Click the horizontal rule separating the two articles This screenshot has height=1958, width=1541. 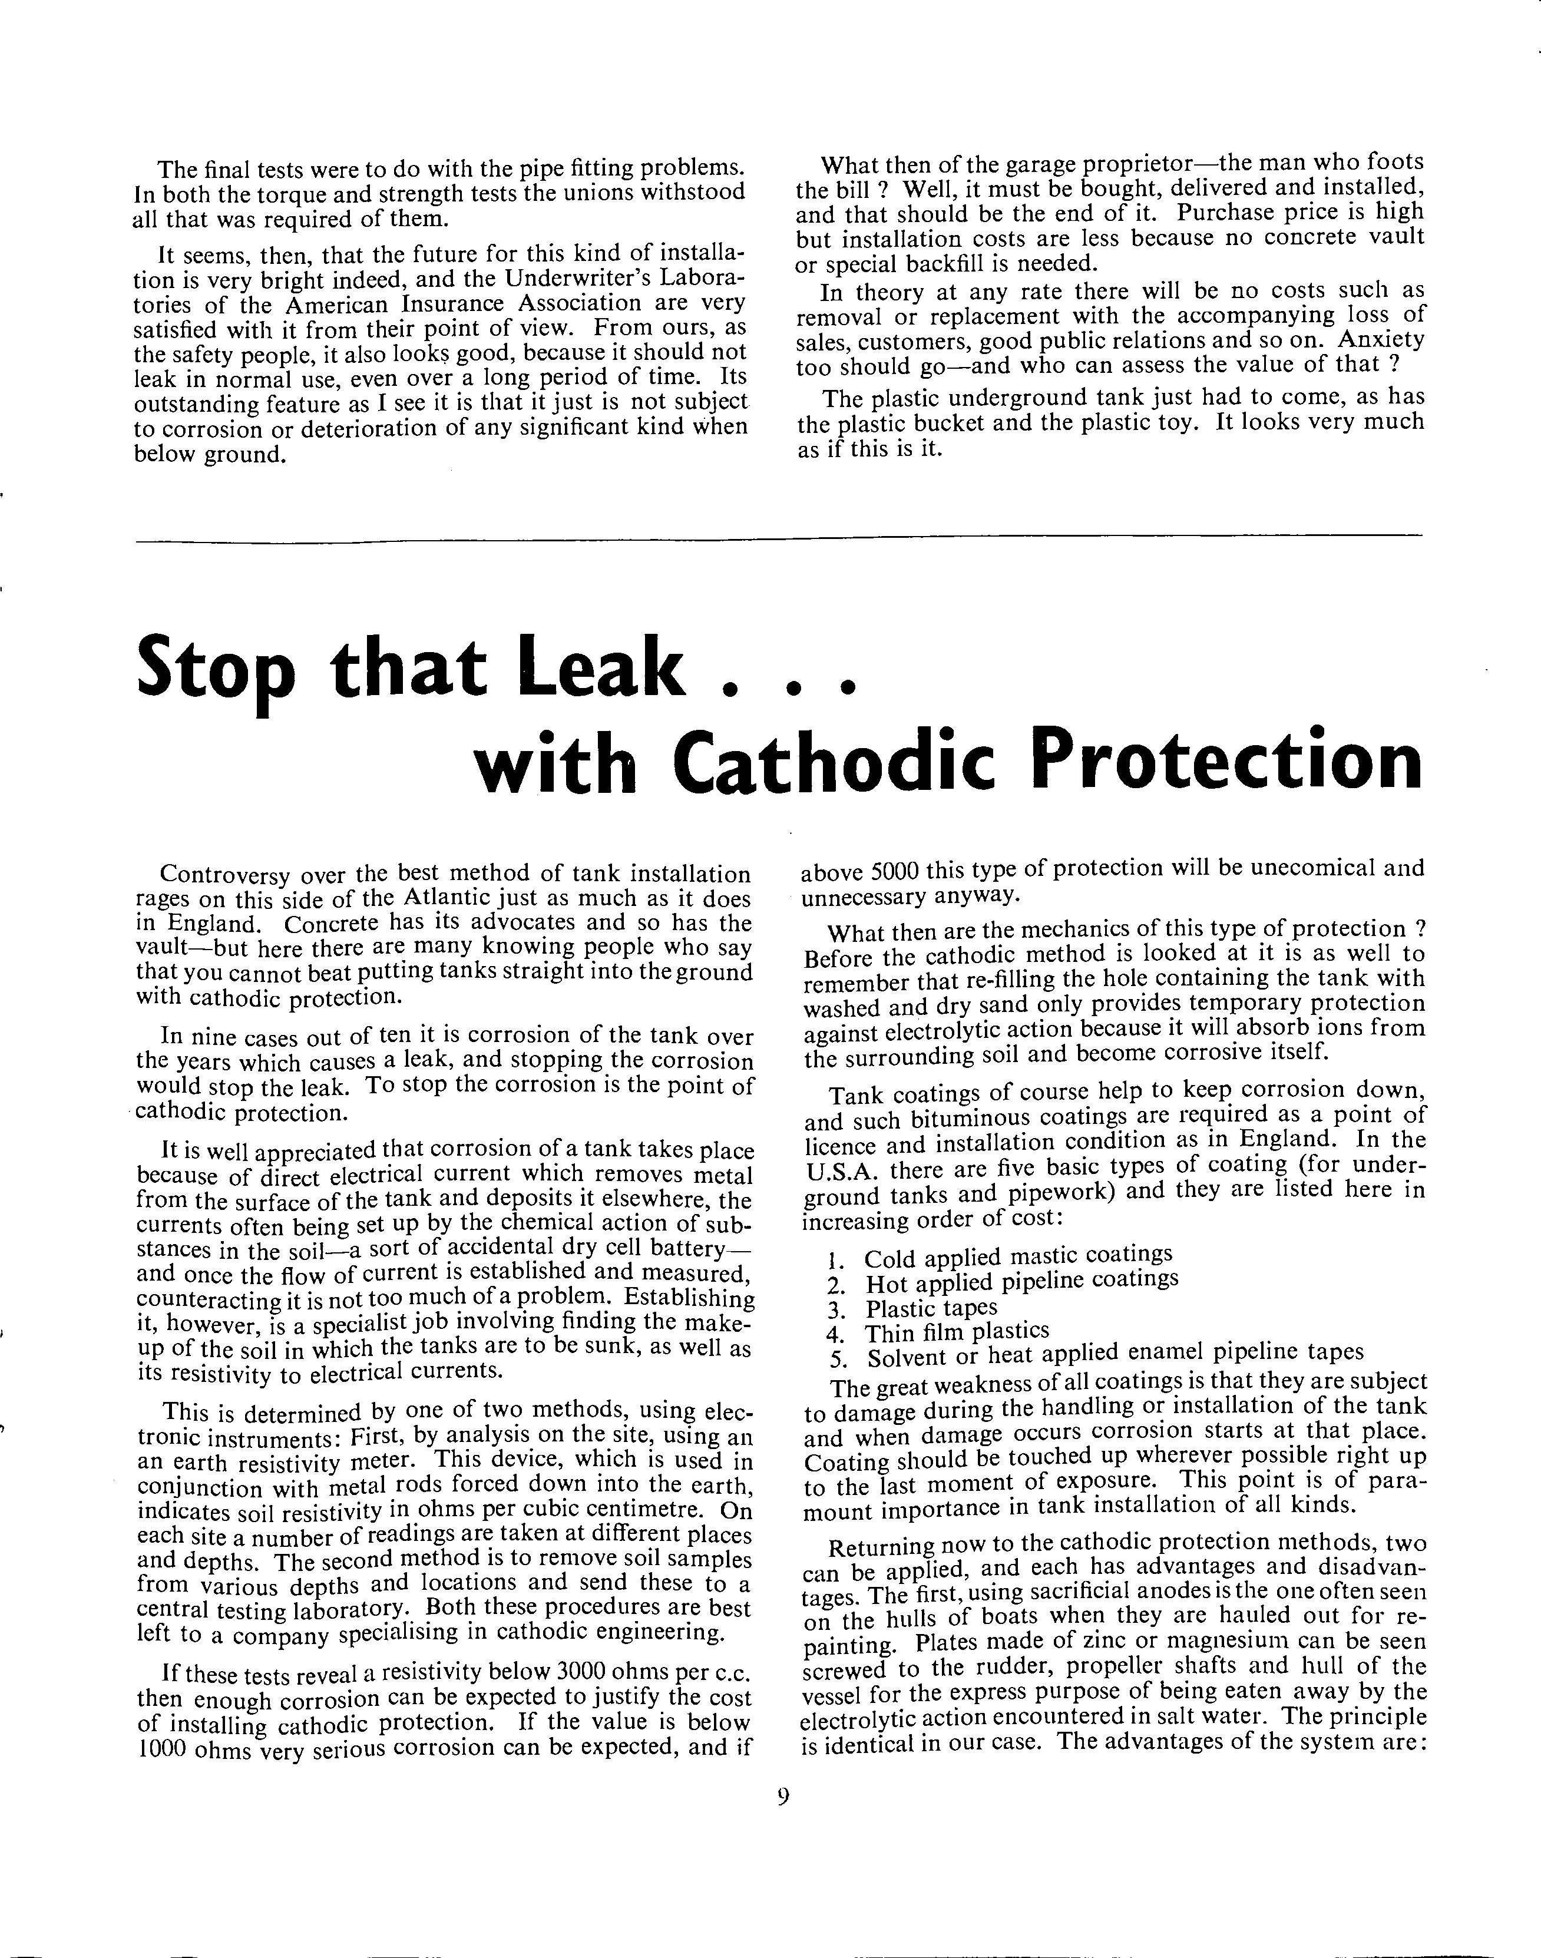coord(778,540)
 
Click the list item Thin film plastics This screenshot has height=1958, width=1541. coord(957,1332)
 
